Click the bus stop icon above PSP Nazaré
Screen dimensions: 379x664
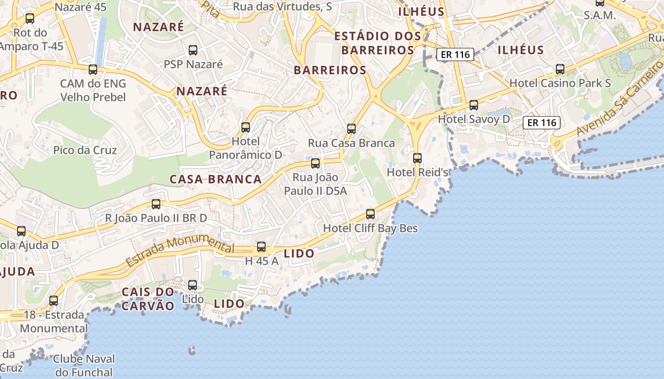(193, 50)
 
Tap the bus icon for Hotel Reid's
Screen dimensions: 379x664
(417, 158)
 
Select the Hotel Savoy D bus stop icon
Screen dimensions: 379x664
(474, 105)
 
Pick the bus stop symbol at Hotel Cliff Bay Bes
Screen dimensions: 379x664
(370, 214)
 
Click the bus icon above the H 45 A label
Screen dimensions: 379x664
(261, 246)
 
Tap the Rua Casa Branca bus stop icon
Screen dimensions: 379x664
(351, 128)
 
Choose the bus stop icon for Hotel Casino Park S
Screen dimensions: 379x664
(560, 69)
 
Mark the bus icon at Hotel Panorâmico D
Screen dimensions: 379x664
(246, 127)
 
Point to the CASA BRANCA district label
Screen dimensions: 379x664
(216, 179)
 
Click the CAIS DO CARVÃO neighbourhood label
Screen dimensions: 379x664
(148, 299)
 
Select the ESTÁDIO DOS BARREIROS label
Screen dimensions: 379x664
(378, 43)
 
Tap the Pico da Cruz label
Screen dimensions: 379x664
(85, 150)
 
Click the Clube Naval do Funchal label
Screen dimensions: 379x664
(84, 365)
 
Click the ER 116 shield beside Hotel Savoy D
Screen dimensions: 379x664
(542, 123)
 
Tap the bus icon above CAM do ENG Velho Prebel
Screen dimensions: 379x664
(93, 70)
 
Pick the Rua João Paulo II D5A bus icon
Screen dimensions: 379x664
(315, 163)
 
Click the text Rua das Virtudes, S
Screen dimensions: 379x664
(283, 7)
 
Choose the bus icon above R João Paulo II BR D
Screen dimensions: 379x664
(156, 204)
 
